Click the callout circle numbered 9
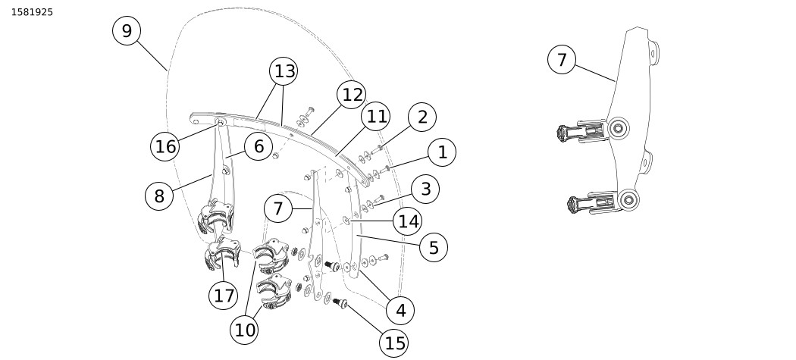pos(127,30)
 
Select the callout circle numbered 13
pos(284,71)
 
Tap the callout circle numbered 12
pos(352,95)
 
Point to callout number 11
pos(375,117)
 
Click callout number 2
pos(422,117)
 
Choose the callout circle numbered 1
pos(442,152)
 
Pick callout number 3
pos(426,189)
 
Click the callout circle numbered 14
pos(408,221)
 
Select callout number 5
pos(434,247)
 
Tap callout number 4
pos(400,309)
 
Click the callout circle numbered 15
pos(395,343)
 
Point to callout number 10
pos(246,330)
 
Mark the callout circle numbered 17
pos(224,295)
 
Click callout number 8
pos(159,196)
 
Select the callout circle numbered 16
pos(165,146)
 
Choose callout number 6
pos(259,147)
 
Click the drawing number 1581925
pos(32,12)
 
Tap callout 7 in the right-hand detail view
pos(562,60)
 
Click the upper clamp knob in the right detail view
pos(565,133)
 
